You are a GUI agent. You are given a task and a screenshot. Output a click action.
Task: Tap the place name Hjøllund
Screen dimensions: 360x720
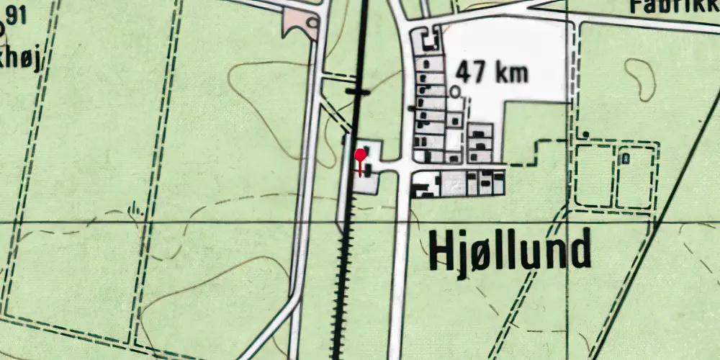click(510, 250)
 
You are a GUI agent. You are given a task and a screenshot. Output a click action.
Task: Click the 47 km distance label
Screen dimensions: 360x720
click(492, 72)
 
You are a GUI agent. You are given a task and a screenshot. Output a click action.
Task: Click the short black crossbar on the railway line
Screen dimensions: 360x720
click(357, 91)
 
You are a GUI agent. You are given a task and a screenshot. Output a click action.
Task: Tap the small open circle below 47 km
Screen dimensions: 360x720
click(454, 91)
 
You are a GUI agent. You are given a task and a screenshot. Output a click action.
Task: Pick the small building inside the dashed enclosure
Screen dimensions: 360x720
click(626, 156)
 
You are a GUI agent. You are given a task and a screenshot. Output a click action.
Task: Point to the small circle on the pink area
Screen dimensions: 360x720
click(312, 22)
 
